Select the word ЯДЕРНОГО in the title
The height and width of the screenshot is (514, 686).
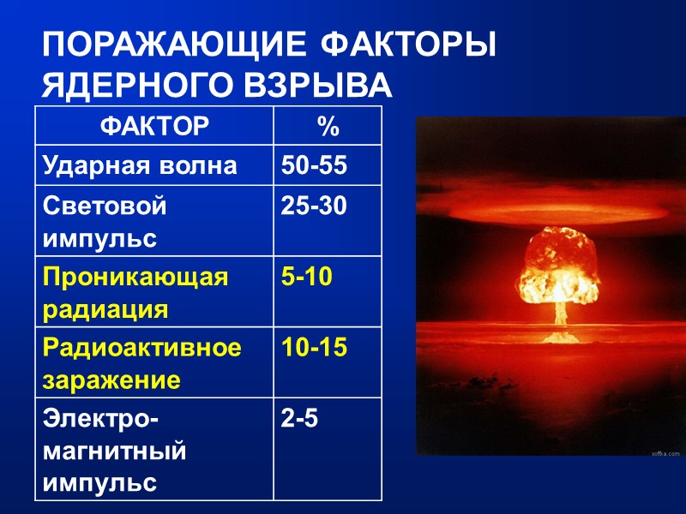coord(138,87)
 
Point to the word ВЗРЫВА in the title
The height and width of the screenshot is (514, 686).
coord(317,87)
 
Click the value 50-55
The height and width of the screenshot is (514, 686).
coord(314,166)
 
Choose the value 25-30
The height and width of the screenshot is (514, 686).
coord(314,206)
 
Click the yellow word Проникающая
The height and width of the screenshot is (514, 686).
coord(135,278)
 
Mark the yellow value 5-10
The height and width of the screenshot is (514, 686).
coord(306,278)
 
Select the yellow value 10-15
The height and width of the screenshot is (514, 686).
coord(314,348)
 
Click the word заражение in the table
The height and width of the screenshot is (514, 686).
coord(111,380)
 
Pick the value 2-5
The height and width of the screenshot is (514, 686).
coord(299,419)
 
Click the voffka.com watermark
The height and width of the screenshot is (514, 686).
coord(665,452)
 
